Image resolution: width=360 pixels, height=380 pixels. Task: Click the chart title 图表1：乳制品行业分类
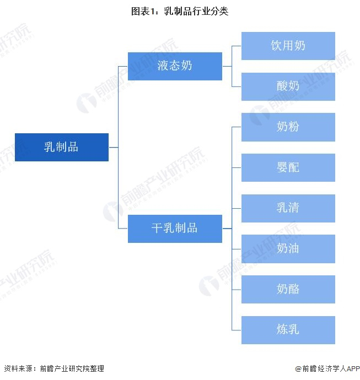pos(180,11)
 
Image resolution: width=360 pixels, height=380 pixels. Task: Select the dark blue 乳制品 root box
pos(61,147)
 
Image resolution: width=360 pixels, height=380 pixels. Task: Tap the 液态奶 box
pos(175,66)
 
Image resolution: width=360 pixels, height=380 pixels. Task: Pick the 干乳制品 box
pos(175,229)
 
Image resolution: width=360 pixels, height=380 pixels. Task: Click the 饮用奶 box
pos(288,46)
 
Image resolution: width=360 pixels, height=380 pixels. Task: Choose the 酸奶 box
pos(288,86)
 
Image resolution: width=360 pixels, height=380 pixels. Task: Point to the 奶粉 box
pos(288,127)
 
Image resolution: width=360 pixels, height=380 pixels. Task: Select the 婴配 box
pos(288,167)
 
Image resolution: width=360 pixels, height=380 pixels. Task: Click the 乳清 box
pos(288,208)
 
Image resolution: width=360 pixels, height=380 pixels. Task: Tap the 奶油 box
pos(288,249)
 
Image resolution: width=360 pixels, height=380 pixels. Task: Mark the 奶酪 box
pos(288,289)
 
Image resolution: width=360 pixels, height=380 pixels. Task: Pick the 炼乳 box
pos(288,330)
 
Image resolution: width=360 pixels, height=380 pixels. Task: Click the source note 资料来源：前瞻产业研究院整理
pos(53,368)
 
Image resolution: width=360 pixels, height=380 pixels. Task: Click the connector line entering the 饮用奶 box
pos(237,46)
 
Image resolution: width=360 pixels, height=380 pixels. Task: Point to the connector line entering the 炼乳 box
pos(237,330)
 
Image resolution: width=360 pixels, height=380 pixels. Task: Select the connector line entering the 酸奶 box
pos(237,86)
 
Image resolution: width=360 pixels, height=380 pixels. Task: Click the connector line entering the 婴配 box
pos(237,167)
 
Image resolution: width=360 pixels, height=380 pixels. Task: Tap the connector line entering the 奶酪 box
pos(237,289)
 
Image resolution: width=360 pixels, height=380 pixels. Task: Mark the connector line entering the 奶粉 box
pos(237,127)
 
